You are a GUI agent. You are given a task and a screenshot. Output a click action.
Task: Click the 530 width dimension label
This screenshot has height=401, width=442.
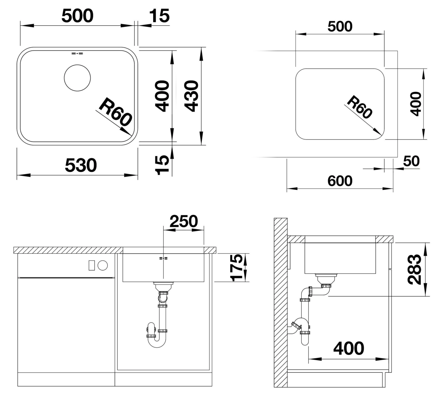[81, 165]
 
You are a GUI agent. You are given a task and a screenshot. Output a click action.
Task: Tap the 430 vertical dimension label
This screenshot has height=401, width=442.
[191, 96]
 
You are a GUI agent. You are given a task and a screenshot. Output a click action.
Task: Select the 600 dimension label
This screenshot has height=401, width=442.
[340, 181]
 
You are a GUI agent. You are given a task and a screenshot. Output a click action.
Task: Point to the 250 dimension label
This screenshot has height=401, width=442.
[184, 221]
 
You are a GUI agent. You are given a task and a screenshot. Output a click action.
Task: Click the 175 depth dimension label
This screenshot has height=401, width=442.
[237, 268]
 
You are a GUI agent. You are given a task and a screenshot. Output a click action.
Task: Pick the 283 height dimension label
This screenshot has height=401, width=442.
[414, 269]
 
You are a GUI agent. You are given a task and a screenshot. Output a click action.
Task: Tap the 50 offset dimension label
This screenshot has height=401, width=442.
[411, 161]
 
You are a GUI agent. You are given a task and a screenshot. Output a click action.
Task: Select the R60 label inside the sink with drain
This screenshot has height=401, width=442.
[115, 112]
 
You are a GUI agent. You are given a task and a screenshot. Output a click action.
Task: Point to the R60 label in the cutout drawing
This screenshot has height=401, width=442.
[360, 107]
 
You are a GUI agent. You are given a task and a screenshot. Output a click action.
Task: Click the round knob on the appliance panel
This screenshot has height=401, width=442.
[103, 265]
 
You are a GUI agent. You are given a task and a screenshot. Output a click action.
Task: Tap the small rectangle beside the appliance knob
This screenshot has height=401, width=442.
[92, 265]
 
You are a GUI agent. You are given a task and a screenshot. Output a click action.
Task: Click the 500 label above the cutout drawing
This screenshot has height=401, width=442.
[340, 26]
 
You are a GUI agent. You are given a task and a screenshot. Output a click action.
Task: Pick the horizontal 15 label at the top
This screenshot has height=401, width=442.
[159, 16]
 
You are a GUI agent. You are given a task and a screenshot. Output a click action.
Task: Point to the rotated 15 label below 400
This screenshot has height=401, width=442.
[162, 165]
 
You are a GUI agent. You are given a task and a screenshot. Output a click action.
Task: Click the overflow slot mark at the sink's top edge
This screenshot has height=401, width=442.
[77, 53]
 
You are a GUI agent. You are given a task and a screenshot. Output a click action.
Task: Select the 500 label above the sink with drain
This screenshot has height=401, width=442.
[78, 16]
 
